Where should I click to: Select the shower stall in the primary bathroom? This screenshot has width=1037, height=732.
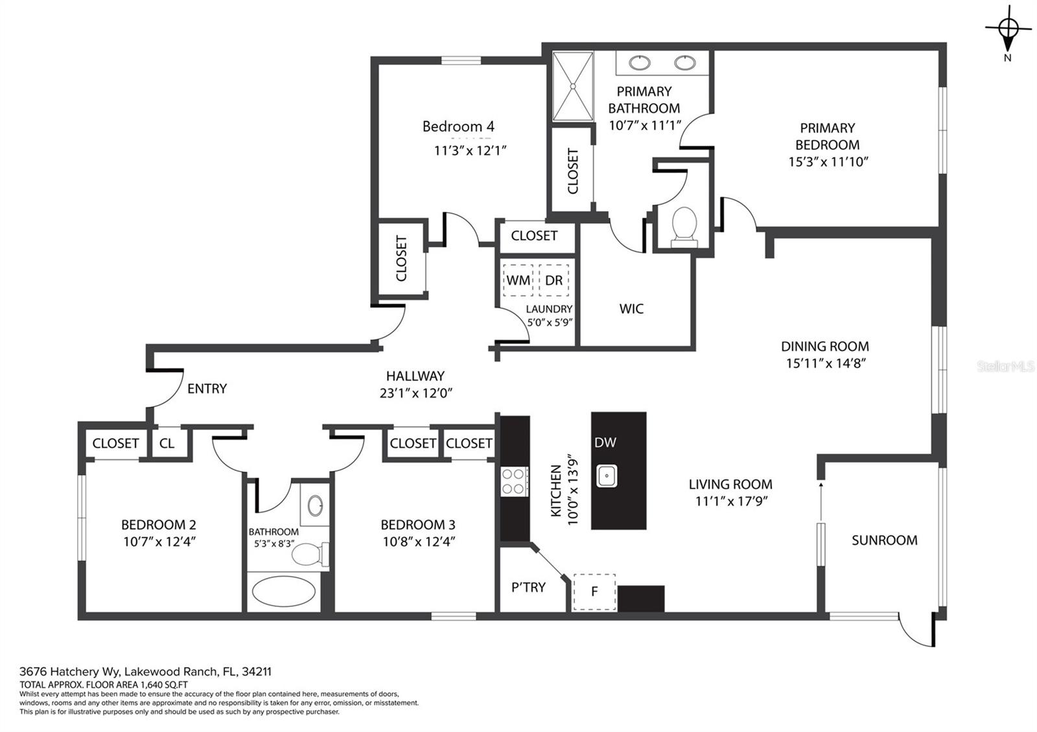(573, 86)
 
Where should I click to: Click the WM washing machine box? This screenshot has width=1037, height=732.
(518, 280)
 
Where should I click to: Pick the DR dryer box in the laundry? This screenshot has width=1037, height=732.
(553, 280)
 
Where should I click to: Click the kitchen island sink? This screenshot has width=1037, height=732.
(607, 475)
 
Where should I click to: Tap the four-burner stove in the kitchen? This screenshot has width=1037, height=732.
(514, 481)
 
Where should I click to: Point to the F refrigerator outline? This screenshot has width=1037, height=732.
(594, 592)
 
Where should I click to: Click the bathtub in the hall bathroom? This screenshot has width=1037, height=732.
(284, 591)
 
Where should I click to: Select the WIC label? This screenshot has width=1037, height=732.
(631, 308)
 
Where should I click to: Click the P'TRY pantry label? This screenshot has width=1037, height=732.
(528, 587)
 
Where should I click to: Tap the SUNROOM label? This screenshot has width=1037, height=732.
(884, 540)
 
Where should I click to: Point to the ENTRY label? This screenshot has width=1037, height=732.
(207, 388)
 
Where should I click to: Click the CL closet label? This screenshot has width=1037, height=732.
(167, 443)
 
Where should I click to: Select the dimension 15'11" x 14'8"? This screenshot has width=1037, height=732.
(826, 363)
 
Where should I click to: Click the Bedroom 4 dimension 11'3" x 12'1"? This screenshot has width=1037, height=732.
(471, 150)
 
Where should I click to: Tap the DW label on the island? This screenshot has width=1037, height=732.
(605, 442)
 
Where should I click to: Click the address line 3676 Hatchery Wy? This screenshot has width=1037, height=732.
(145, 671)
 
